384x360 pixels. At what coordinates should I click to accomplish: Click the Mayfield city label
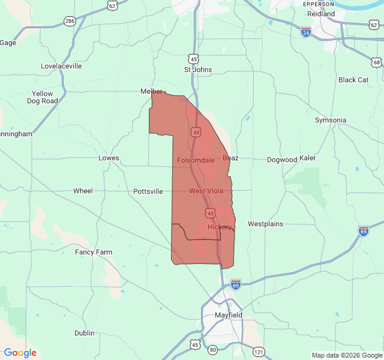click(x=228, y=315)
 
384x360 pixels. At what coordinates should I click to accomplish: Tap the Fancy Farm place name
click(x=94, y=252)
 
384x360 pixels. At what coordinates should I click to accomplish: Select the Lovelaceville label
click(x=61, y=66)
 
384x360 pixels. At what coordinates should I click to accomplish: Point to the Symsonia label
click(x=331, y=120)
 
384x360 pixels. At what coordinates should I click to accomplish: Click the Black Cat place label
click(x=353, y=80)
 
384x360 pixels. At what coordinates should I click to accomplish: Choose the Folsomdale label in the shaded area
click(x=196, y=160)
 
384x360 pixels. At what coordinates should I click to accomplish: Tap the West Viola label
click(x=206, y=191)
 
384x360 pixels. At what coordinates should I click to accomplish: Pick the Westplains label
click(x=265, y=224)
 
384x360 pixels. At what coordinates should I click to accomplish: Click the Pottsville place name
click(x=148, y=191)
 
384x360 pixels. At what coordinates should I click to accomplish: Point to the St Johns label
click(x=198, y=70)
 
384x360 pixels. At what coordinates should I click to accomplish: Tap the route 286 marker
click(x=70, y=21)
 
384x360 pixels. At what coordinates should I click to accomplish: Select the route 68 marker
click(x=376, y=62)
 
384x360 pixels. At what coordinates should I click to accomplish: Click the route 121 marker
click(x=258, y=351)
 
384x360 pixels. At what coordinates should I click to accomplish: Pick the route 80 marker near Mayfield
click(x=212, y=349)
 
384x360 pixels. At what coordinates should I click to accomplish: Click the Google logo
click(x=20, y=353)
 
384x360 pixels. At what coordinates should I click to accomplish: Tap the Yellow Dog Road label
click(x=43, y=97)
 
